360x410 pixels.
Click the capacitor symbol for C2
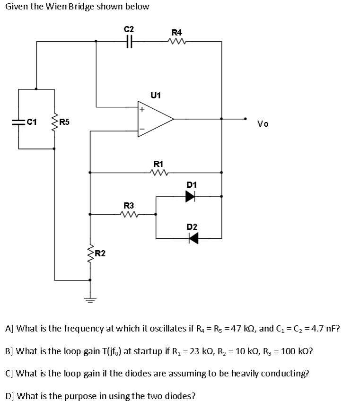point(129,42)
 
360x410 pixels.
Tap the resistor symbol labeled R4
point(176,42)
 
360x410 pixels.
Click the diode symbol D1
point(190,197)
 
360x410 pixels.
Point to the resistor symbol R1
point(156,173)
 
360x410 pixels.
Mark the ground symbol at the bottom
point(90,299)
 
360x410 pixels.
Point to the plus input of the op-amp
point(141,109)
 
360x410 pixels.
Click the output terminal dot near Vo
point(245,119)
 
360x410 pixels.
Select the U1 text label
point(156,95)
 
